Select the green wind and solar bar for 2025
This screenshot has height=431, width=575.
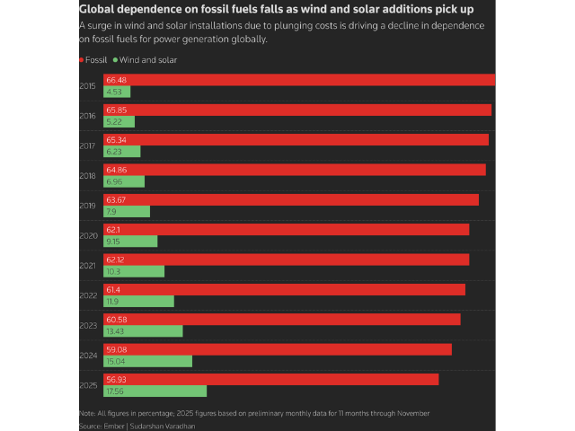(x=155, y=391)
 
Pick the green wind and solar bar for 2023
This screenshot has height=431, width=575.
(x=144, y=331)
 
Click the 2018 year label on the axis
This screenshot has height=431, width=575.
(x=88, y=176)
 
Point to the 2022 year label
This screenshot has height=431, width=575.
(x=88, y=295)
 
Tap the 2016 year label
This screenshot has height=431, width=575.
(x=88, y=116)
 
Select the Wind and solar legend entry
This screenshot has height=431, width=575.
(x=144, y=60)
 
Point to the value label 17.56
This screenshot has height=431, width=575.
(x=114, y=391)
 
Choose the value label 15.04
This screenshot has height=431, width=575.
(x=114, y=361)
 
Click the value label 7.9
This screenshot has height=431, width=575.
(x=111, y=212)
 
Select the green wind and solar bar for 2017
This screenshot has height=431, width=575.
(x=120, y=152)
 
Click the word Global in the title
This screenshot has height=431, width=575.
(x=102, y=9)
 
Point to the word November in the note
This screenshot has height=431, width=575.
(x=411, y=413)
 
